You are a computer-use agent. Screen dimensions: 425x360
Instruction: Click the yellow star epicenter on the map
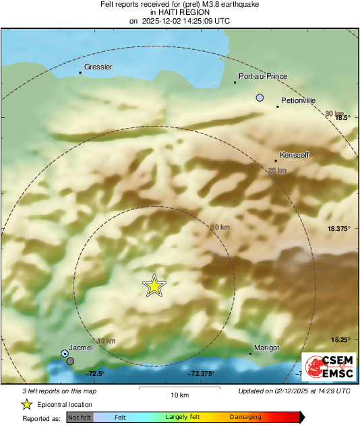[154, 286]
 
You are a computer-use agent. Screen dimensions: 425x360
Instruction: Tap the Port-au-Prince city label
[263, 76]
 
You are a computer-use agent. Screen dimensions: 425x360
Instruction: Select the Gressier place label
[98, 67]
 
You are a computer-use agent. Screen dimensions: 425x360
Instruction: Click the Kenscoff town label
[295, 155]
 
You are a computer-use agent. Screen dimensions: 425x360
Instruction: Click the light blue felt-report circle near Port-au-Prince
[260, 98]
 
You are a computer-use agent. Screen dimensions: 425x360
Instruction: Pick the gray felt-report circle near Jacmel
[70, 362]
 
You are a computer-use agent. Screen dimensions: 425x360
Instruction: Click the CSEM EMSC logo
[326, 366]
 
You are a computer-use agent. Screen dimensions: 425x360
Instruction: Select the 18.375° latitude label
[339, 229]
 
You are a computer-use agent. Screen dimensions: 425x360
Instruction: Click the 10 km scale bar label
[179, 394]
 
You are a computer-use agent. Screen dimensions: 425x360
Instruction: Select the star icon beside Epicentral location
[27, 404]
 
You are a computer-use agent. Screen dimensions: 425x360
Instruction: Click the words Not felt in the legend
[80, 418]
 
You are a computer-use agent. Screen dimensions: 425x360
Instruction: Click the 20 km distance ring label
[277, 171]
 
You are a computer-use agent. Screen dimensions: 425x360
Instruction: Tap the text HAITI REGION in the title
[179, 13]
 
